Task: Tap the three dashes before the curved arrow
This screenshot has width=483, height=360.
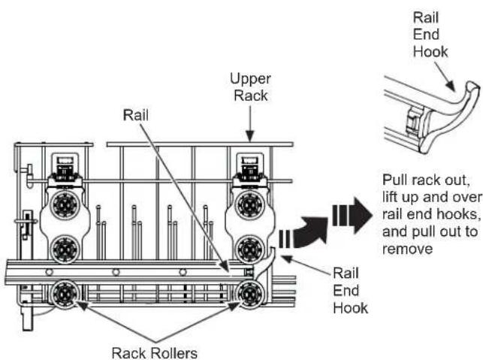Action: tap(284, 239)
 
